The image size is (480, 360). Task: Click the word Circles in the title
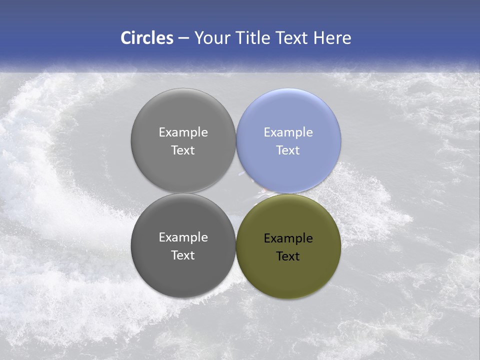(x=147, y=38)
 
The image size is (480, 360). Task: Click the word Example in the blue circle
(x=288, y=132)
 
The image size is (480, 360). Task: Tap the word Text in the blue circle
(x=288, y=150)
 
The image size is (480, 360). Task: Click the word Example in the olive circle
(x=288, y=238)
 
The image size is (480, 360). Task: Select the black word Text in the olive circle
(x=288, y=256)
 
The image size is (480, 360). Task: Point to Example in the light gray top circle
(x=183, y=132)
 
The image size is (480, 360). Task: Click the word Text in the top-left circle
(x=183, y=150)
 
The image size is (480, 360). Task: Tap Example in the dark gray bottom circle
(x=183, y=237)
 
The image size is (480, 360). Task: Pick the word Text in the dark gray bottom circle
(x=183, y=255)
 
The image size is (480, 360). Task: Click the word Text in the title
(x=293, y=38)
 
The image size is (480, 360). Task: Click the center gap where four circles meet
(x=236, y=193)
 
